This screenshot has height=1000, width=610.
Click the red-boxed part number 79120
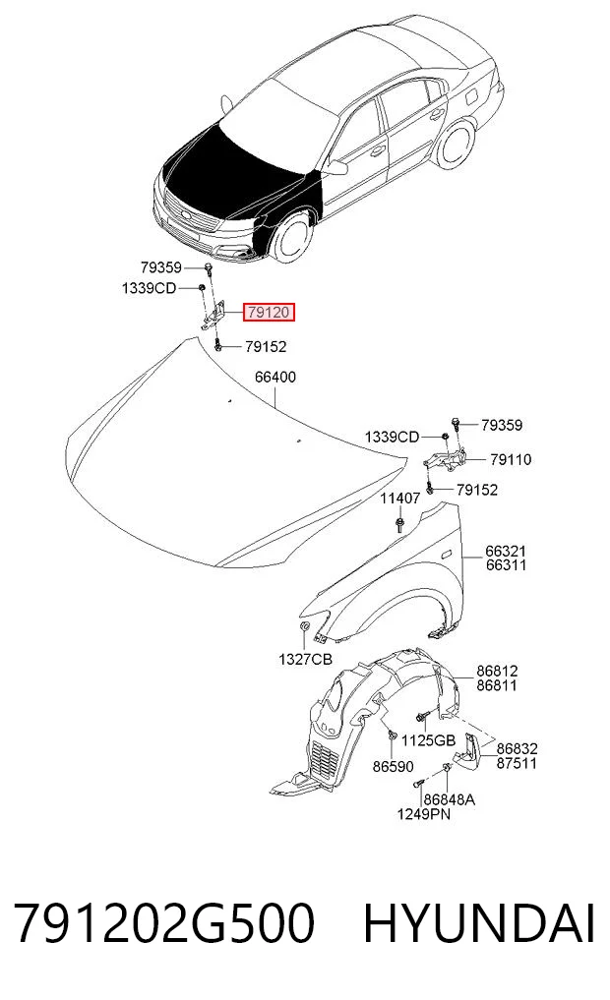(x=268, y=313)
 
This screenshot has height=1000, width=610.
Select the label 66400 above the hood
(x=275, y=377)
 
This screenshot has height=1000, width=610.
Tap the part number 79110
(x=511, y=459)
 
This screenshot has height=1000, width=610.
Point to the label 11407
(x=400, y=499)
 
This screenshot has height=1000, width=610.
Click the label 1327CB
(x=305, y=660)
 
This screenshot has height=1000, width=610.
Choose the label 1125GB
(x=428, y=739)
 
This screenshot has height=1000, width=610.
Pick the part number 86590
(x=393, y=767)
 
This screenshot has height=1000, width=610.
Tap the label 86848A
(x=450, y=799)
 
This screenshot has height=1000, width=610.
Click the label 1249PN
(x=424, y=814)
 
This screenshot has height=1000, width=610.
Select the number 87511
(x=517, y=763)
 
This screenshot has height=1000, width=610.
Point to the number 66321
(x=506, y=551)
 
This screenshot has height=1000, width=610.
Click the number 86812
(x=497, y=671)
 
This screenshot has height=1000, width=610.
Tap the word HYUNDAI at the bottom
(x=479, y=923)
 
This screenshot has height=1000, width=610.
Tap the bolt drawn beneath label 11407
(x=399, y=525)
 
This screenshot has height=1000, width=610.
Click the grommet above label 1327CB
(x=305, y=627)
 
